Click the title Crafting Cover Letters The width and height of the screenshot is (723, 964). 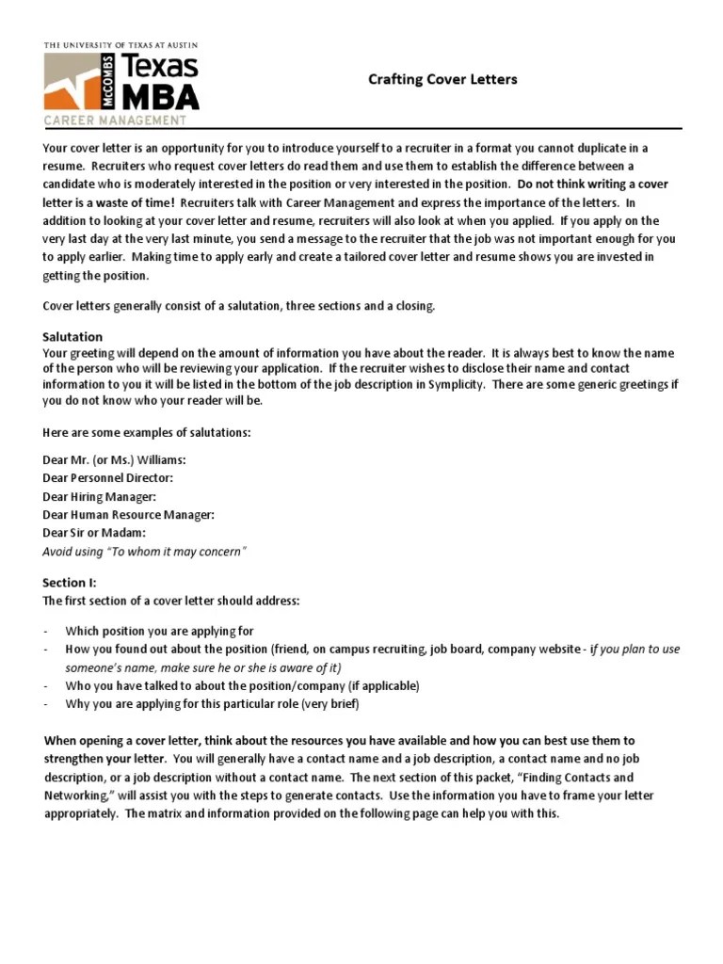tap(442, 80)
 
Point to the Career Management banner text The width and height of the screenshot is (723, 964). tap(115, 120)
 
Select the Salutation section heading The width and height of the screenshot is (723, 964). tap(72, 336)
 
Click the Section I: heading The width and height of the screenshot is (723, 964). tap(70, 583)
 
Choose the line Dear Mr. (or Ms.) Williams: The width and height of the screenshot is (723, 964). tap(114, 459)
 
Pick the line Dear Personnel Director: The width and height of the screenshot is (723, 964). tap(108, 477)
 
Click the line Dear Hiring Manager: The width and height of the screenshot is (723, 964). tap(100, 496)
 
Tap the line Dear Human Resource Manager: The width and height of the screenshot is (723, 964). tap(129, 514)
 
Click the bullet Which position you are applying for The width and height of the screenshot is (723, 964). tap(159, 631)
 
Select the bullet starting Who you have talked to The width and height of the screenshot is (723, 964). tap(242, 685)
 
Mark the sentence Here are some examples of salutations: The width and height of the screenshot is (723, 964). tap(147, 432)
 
